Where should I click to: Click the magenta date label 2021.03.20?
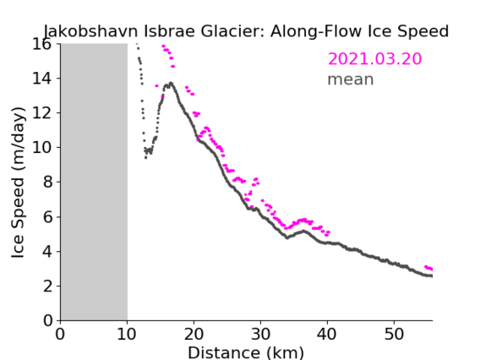point(374,59)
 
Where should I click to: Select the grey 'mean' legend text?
point(351,79)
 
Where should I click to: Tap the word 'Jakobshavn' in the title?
point(91,31)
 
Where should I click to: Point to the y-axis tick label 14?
point(42,79)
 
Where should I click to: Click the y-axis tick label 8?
point(47,183)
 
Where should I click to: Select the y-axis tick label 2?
point(47,286)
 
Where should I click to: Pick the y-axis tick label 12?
point(42,113)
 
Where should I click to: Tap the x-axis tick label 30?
point(260,334)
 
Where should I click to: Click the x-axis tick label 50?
point(394,334)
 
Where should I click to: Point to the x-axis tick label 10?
point(127,334)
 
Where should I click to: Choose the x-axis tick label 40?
point(327,334)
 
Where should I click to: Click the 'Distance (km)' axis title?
point(246,353)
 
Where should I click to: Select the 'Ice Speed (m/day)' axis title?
point(18,183)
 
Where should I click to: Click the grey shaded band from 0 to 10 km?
point(94,182)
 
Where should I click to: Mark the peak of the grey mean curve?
point(171,83)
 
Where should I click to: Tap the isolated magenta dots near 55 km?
point(428,268)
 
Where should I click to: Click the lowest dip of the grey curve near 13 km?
point(145,158)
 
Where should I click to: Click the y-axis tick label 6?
point(47,217)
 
